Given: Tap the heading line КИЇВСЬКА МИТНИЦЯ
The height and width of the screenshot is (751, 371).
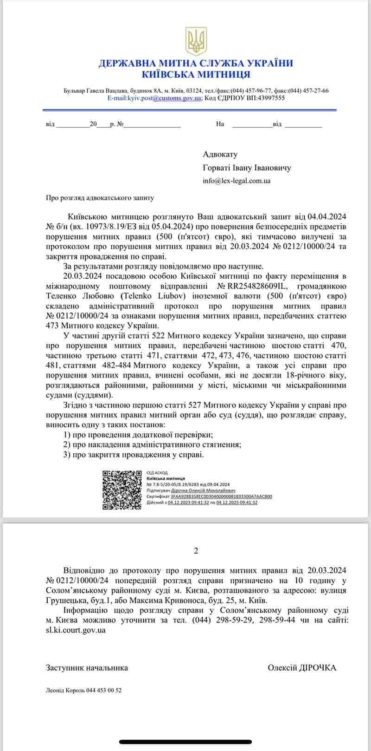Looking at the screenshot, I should pos(196,74).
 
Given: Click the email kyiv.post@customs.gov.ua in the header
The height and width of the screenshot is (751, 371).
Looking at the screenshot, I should pos(154,98).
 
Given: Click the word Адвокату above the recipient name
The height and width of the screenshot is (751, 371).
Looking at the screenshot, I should pos(220,154).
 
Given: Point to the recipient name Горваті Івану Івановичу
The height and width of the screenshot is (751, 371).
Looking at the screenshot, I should pos(247,168).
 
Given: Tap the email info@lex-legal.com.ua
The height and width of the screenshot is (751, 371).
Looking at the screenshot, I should pos(237,181).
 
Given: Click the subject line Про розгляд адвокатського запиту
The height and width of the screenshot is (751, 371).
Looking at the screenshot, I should pos(100,197).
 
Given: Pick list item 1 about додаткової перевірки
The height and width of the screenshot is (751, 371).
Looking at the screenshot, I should pos(138,435).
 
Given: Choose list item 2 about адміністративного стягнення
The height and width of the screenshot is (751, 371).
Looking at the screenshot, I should pos(152,444).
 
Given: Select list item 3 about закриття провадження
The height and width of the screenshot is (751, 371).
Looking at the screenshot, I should pos(133,454).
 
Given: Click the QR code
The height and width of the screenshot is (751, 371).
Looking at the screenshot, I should pos(122,490).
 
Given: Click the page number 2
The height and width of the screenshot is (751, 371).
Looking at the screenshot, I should pos(196,551).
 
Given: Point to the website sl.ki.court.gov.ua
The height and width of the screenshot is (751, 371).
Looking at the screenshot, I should pos(76,630).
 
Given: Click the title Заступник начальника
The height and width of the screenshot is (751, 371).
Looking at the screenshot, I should pos(87,668).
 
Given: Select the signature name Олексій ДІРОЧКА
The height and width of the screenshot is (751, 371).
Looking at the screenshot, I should pos(302,668).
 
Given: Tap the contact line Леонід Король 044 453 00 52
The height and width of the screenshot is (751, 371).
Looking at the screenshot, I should pos(83,690).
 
